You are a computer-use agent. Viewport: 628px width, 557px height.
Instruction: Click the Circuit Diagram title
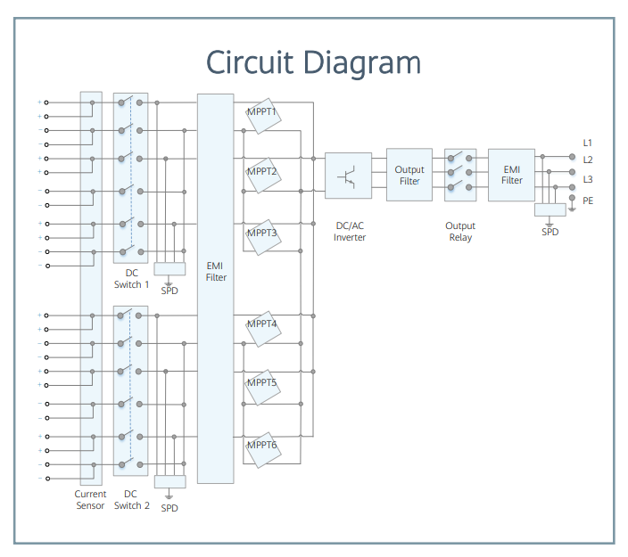313,62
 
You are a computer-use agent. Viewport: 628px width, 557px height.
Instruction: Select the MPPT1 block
263,116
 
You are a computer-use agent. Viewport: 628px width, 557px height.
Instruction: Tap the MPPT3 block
263,237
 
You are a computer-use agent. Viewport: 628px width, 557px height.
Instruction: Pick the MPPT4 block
263,329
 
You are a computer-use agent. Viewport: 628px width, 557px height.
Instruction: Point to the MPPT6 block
263,450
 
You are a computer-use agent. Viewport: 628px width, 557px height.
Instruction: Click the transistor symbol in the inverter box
347,176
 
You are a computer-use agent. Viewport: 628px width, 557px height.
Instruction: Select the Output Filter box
409,175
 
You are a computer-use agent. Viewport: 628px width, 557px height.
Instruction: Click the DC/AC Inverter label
350,232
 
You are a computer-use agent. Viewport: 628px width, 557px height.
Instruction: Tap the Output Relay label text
460,232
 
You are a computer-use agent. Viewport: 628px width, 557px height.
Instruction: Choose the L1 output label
587,143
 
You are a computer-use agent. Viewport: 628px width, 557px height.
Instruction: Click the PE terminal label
588,201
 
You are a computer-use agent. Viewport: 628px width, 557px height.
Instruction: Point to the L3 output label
588,179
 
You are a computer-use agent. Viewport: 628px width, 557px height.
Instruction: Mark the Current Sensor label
90,499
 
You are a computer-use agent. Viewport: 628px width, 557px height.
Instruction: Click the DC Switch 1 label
131,278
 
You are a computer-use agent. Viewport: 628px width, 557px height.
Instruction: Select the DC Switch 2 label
131,499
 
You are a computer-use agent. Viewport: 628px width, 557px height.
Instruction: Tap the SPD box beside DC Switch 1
169,269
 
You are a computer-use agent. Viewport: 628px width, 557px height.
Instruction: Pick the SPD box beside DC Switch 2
169,482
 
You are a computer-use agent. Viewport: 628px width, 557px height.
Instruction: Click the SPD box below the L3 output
549,209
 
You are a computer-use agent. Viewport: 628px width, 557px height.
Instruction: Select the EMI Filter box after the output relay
511,175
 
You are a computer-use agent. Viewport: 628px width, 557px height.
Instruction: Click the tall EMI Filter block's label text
216,271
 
